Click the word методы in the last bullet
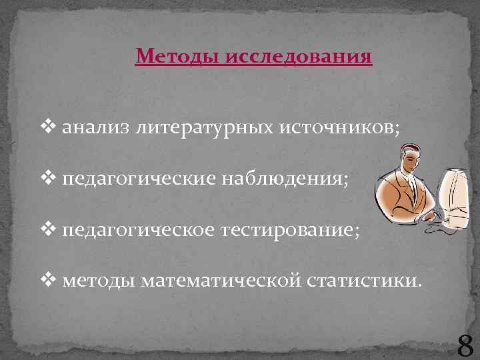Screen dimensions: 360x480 pos(99,281)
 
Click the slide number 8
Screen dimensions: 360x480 pos(465,346)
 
